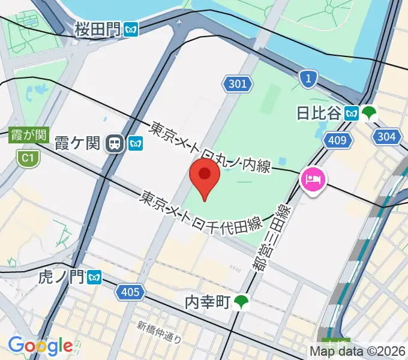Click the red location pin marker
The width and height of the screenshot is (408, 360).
204,176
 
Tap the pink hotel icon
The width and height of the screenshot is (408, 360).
314,178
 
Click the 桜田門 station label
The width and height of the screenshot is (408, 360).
98,28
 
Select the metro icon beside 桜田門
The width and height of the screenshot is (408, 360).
131,28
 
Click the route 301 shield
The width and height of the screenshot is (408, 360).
237,83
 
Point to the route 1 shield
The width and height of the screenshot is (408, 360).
308,77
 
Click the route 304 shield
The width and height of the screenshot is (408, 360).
386,137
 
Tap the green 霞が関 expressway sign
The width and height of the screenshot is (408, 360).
29,135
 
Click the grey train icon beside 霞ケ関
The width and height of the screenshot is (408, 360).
113,143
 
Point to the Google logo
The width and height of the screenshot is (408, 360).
40,346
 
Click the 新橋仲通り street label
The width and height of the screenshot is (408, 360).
159,332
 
